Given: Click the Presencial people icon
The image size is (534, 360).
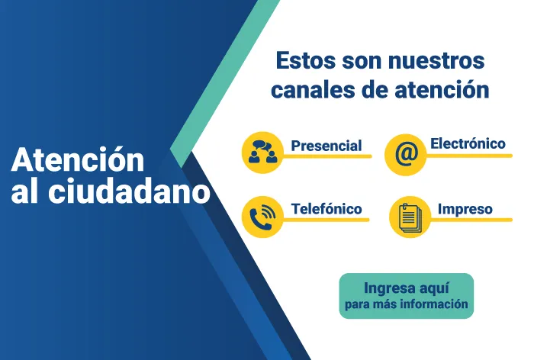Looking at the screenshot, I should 262,152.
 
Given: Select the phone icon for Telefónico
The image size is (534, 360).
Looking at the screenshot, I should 262,217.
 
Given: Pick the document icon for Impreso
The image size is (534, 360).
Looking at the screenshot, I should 410,217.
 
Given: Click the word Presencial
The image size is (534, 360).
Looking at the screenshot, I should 326,145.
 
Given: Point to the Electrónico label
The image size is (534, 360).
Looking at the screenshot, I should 468,143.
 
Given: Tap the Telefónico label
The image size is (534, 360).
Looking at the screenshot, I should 326,208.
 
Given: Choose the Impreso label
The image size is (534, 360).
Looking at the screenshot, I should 465,208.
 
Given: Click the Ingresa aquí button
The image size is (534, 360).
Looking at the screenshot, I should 406,296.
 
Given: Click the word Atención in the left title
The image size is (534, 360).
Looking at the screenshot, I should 78,160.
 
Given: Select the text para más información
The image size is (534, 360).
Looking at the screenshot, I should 406,305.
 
